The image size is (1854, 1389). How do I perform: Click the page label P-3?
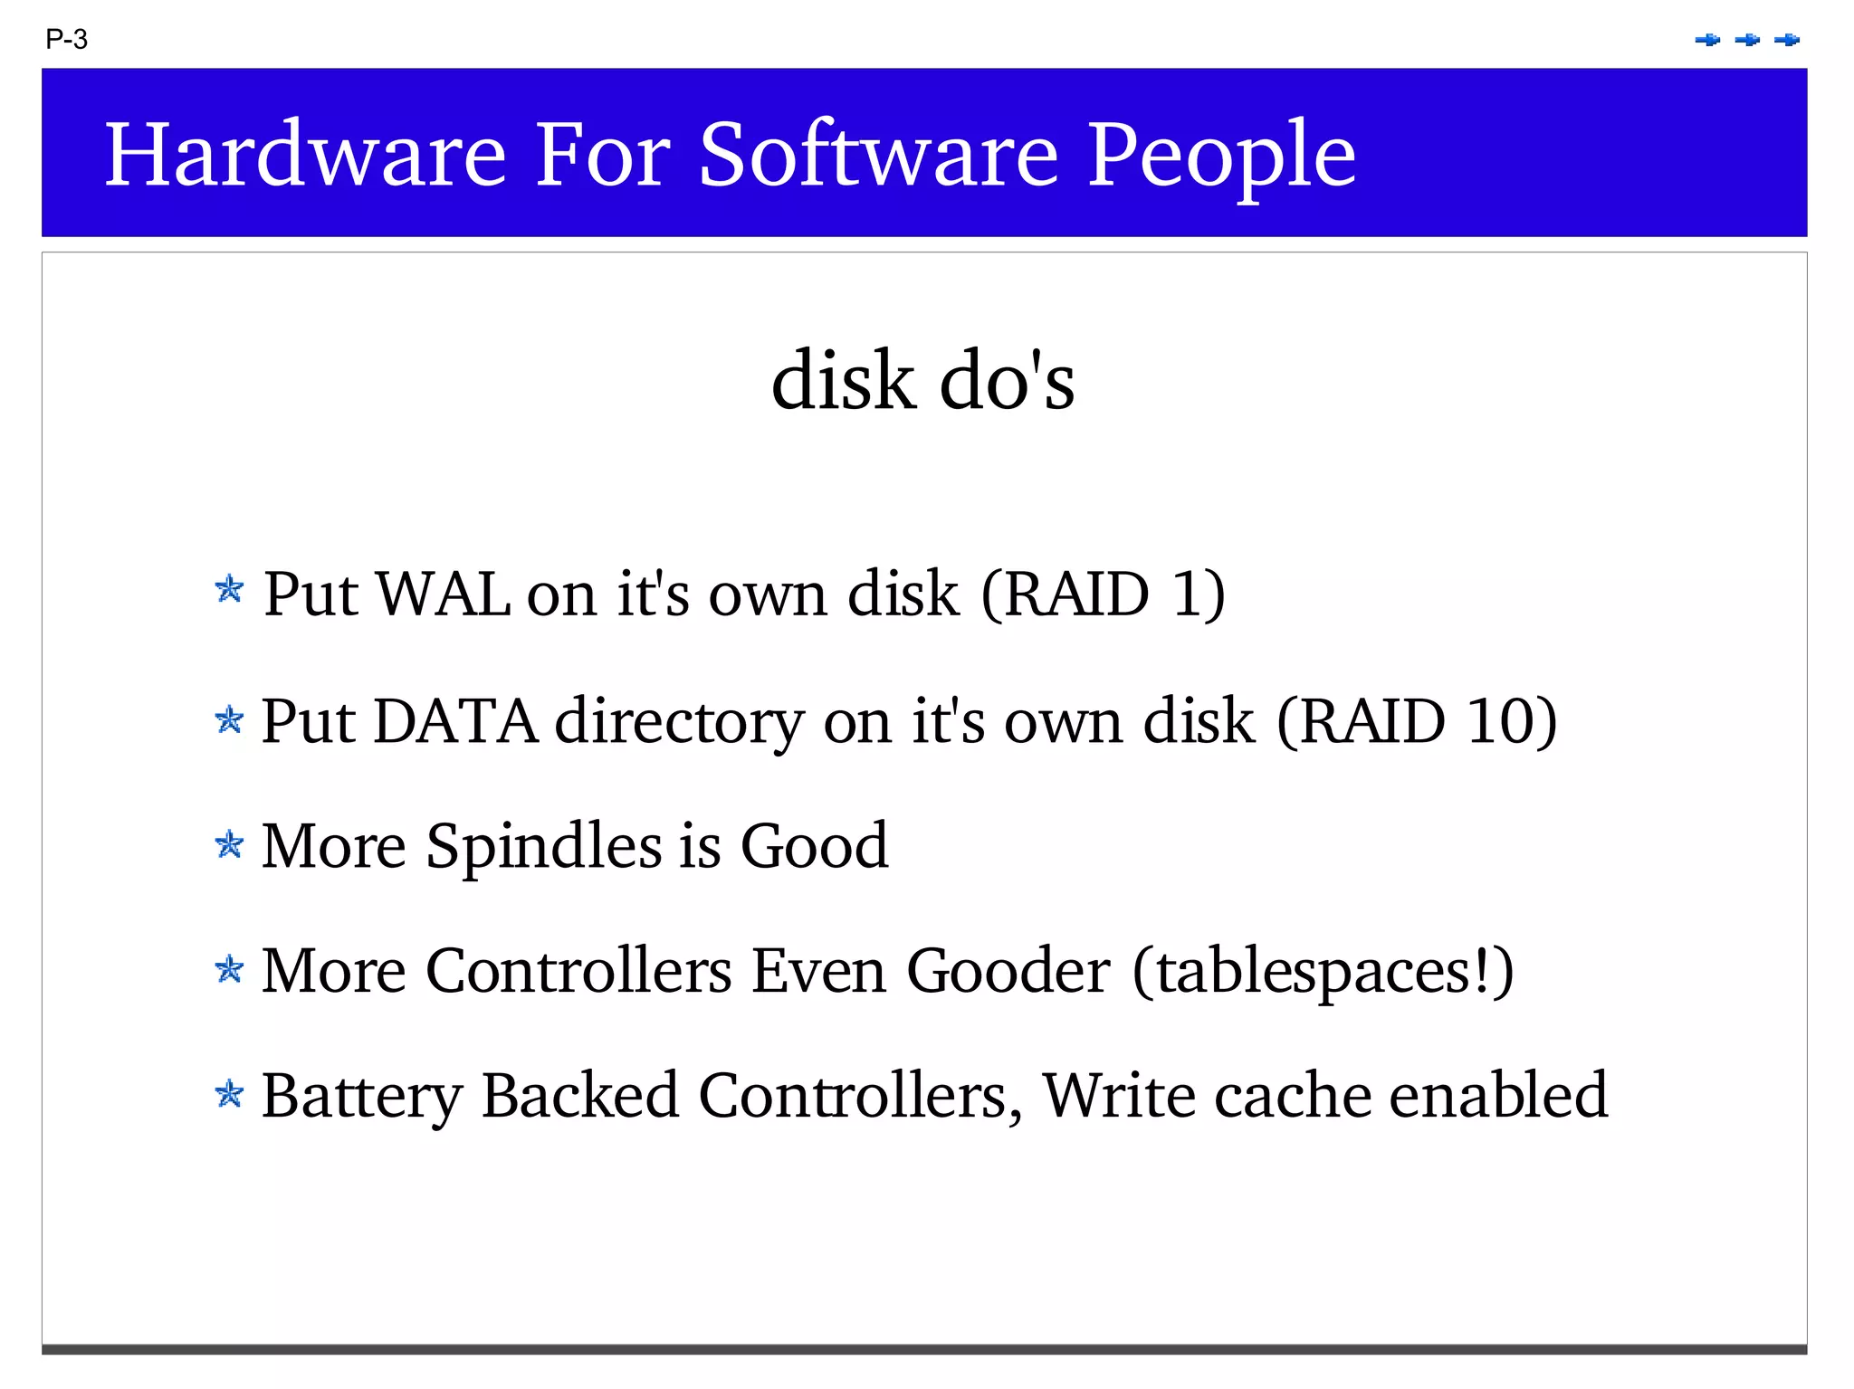(66, 40)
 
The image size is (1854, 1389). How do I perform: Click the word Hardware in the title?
(305, 155)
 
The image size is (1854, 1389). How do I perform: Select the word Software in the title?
(878, 155)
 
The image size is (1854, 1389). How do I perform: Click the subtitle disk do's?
(922, 381)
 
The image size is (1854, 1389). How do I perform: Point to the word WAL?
(443, 595)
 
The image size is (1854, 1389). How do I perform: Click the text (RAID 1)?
(1103, 595)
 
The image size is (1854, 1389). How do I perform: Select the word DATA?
(454, 721)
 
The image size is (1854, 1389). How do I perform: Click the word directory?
(679, 723)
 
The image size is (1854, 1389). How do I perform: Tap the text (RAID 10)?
(1416, 721)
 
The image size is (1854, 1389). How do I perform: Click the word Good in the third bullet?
(814, 846)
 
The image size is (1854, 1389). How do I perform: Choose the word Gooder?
(1008, 971)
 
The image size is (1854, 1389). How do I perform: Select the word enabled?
(1498, 1095)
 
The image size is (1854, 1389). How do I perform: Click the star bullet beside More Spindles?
(229, 845)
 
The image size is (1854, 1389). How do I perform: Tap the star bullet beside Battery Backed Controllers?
(229, 1094)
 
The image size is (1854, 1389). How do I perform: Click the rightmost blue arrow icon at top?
(1787, 40)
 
